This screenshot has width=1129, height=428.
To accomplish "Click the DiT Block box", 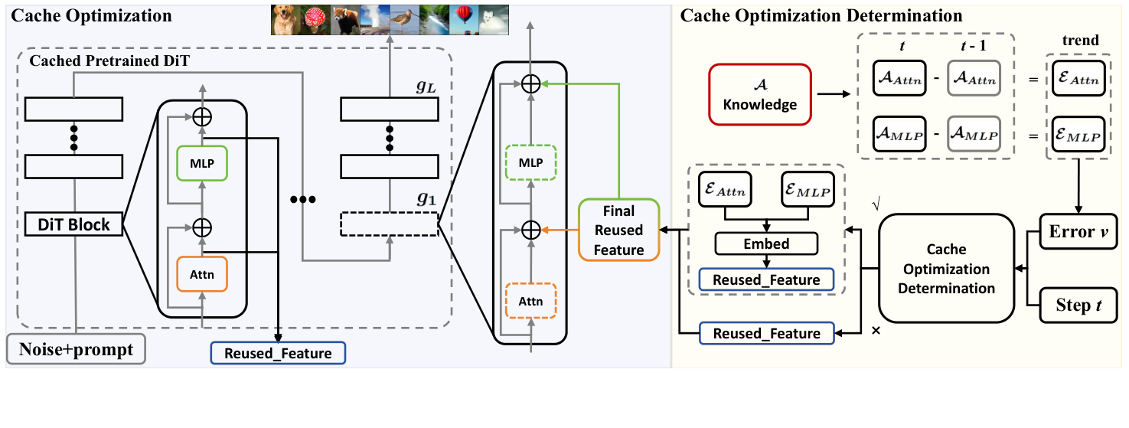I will click(x=74, y=224).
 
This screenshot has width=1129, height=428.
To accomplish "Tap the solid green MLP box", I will click(x=202, y=163).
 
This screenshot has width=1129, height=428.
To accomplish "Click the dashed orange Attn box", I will click(x=530, y=301).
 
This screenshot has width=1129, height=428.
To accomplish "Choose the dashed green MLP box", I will click(x=530, y=163).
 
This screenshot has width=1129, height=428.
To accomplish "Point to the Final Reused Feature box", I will click(x=618, y=229).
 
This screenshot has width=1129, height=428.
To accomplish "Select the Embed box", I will click(x=766, y=244).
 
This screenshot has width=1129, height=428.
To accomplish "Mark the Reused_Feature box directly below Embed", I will click(x=766, y=280).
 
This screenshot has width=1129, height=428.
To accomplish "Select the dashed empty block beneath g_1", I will click(x=389, y=224).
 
